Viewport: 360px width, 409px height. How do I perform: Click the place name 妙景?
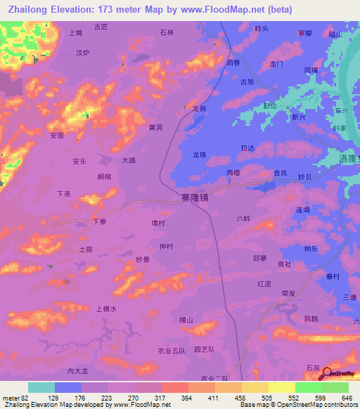point(144,259)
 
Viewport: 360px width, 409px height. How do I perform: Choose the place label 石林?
point(167,32)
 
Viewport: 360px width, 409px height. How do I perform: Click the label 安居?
point(57,136)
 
